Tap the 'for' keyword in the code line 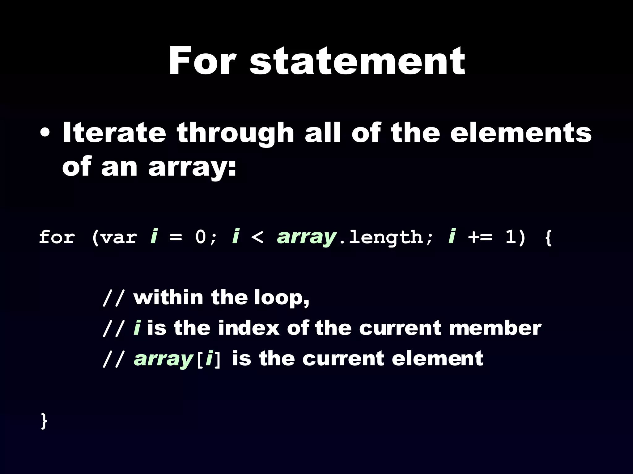tap(57, 238)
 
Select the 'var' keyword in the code tap(119, 238)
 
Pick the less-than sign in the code tap(257, 238)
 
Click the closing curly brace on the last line tap(44, 421)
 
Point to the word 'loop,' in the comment tap(282, 298)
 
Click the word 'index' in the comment tap(249, 328)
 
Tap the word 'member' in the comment tap(495, 328)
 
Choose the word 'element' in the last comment tap(437, 359)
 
